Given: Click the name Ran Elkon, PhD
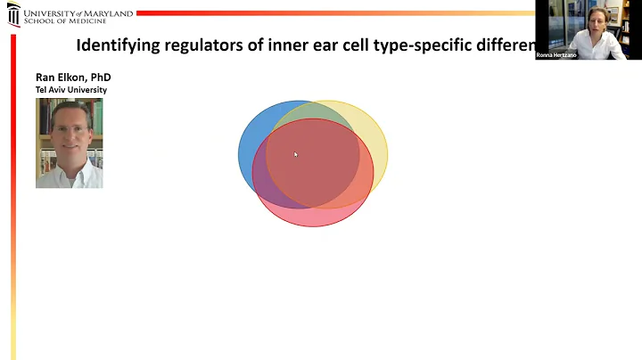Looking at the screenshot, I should pyautogui.click(x=73, y=78).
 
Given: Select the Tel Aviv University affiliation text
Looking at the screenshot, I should pyautogui.click(x=71, y=90).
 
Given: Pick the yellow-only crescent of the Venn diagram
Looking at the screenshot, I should pyautogui.click(x=378, y=151).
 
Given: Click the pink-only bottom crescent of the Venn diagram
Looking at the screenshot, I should pyautogui.click(x=312, y=217).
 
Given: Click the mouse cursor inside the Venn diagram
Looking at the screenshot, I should pyautogui.click(x=295, y=154).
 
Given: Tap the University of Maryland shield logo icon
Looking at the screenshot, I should pyautogui.click(x=12, y=15).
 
